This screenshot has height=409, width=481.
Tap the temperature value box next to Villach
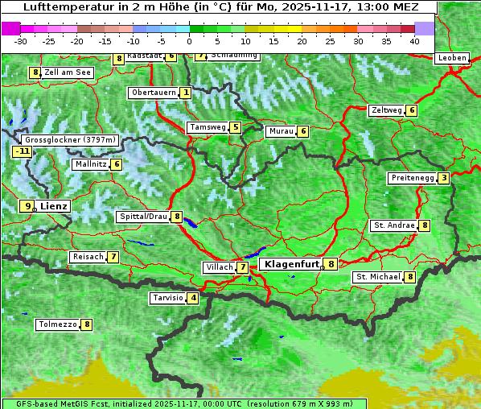pyautogui.click(x=242, y=267)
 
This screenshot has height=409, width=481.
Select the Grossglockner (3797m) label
pyautogui.click(x=72, y=139)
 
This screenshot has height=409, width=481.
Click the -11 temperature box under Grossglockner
pyautogui.click(x=22, y=151)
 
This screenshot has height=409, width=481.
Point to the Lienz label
pyautogui.click(x=54, y=206)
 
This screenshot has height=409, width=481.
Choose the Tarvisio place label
pyautogui.click(x=167, y=298)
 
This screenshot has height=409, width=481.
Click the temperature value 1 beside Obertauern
pyautogui.click(x=186, y=93)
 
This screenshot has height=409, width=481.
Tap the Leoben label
pyautogui.click(x=450, y=58)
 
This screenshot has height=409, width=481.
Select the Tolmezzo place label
pyautogui.click(x=57, y=324)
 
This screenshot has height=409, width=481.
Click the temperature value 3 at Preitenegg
pyautogui.click(x=443, y=178)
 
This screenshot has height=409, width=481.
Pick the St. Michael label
pyautogui.click(x=378, y=277)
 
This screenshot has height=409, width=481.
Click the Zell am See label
pyautogui.click(x=68, y=72)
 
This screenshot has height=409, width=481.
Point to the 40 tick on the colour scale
pyautogui.click(x=413, y=40)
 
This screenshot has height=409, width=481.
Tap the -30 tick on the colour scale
pyautogui.click(x=21, y=40)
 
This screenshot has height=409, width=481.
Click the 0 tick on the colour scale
pyautogui.click(x=189, y=40)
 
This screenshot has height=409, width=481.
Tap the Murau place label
pyautogui.click(x=281, y=131)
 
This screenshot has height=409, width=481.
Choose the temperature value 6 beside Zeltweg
pyautogui.click(x=412, y=110)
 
